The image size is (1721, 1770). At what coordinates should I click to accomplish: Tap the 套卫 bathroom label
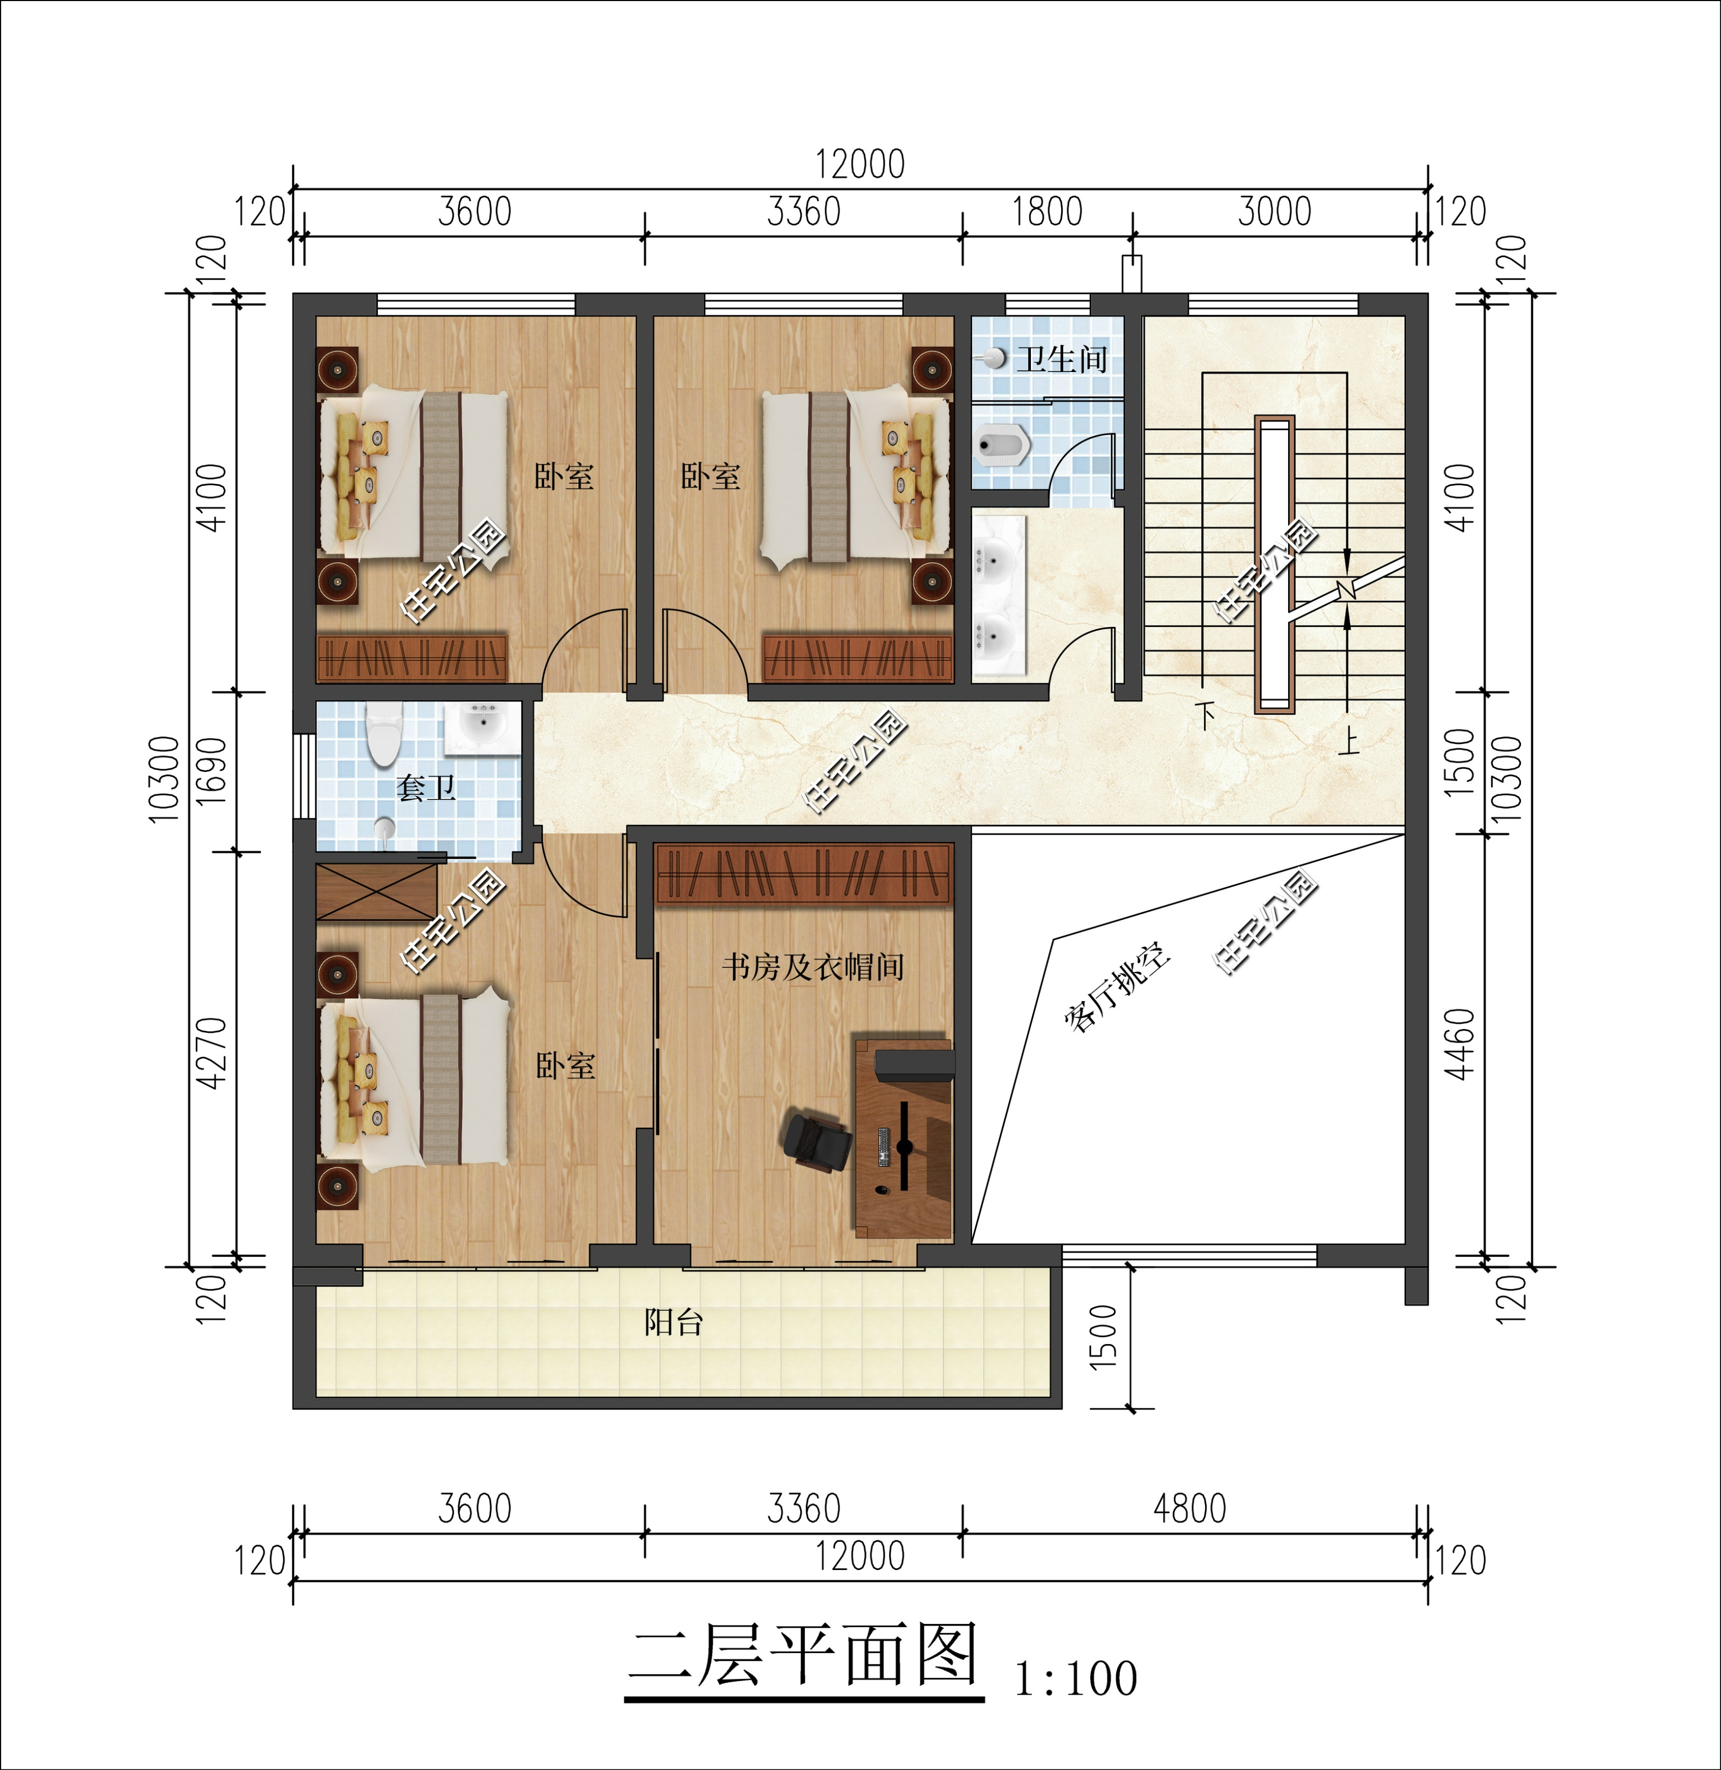point(426,787)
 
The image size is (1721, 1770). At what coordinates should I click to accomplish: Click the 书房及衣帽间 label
point(813,967)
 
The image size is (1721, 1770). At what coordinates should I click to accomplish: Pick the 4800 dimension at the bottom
point(1189,1509)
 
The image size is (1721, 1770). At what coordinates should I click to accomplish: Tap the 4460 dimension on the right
point(1460,1044)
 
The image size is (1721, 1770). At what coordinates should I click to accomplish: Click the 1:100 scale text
point(1076,1679)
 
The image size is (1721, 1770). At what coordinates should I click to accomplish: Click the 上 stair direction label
point(1348,741)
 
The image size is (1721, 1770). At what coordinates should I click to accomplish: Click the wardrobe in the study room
point(803,874)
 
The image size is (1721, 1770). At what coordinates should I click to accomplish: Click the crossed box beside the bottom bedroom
point(376,891)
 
